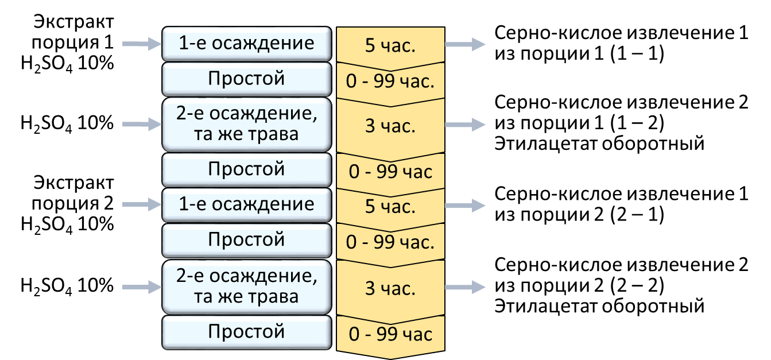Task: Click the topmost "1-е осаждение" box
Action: [x=247, y=44]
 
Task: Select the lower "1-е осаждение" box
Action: [x=247, y=205]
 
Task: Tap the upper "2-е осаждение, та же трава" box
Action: [x=247, y=124]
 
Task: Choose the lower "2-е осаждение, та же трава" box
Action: [x=247, y=287]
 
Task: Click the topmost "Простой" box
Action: [x=247, y=79]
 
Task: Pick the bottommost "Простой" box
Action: [x=247, y=332]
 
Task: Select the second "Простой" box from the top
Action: [x=247, y=169]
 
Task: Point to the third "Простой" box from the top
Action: [x=247, y=239]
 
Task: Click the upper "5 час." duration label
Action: [x=390, y=46]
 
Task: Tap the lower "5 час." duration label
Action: [x=390, y=207]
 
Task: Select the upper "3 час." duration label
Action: [x=390, y=126]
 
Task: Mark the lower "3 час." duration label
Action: [x=390, y=289]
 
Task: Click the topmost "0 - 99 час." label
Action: [x=390, y=82]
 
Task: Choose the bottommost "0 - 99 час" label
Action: [x=390, y=334]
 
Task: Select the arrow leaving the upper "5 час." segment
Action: [x=466, y=44]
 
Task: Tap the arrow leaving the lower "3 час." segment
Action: [x=466, y=287]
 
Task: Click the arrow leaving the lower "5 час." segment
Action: [x=466, y=205]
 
